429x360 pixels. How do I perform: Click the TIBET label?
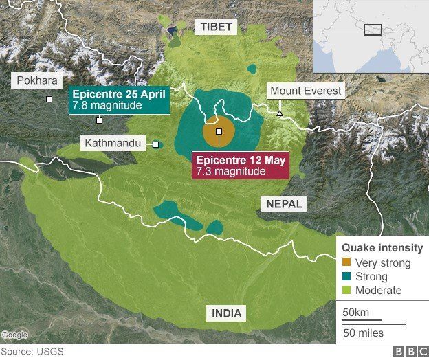217,27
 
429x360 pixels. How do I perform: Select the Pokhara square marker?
49,99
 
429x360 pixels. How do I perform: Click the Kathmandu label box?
113,144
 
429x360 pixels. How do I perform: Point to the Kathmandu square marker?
156,144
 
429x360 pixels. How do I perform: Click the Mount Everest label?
306,91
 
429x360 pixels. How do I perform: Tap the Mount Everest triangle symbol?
279,113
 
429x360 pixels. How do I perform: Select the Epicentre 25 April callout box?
119,100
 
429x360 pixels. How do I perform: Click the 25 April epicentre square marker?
100,120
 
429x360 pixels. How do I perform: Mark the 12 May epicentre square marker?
219,131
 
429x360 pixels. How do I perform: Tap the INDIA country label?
227,313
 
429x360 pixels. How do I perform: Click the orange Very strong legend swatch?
346,263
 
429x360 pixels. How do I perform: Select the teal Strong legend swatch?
346,277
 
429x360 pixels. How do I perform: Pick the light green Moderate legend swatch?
346,291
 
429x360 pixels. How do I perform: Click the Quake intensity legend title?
382,248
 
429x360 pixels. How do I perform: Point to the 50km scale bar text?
355,313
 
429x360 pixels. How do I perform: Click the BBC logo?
408,352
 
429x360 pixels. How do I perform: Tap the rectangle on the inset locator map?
373,30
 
